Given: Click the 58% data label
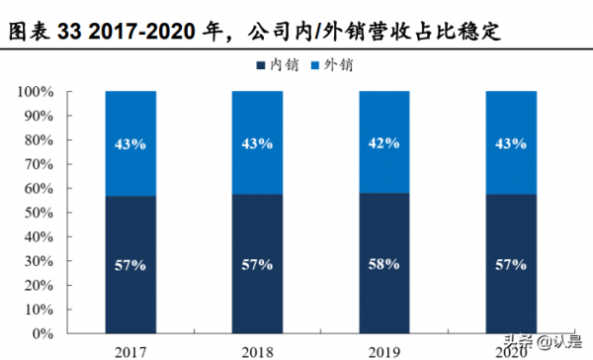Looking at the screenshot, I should [384, 264].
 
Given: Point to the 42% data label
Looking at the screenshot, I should [384, 143].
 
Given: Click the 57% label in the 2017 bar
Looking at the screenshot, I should [130, 265].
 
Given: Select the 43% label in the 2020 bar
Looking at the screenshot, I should [511, 143].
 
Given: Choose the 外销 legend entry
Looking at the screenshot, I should [330, 65].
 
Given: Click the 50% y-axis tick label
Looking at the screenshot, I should [41, 212].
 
